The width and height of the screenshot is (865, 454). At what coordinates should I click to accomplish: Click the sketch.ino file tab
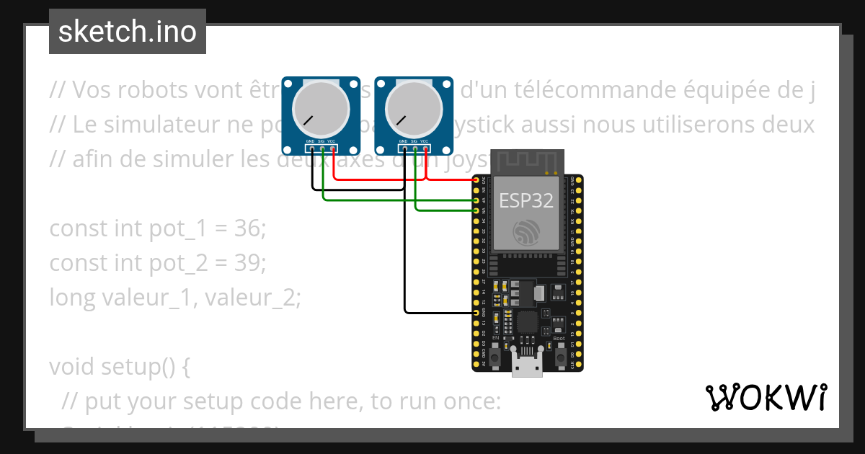pos(128,32)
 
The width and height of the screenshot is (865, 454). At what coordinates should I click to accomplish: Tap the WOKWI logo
pos(765,397)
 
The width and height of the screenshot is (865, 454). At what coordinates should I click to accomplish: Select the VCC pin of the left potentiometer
pos(332,148)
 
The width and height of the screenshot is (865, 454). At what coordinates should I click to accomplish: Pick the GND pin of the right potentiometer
pos(404,148)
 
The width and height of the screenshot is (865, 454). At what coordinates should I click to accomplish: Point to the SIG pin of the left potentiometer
pos(322,148)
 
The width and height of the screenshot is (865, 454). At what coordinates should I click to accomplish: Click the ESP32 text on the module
pos(526,201)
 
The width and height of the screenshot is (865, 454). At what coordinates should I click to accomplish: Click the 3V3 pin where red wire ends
pos(476,179)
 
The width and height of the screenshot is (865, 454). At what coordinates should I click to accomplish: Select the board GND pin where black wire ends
pos(476,313)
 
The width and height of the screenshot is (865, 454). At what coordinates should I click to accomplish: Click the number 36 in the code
pos(248,229)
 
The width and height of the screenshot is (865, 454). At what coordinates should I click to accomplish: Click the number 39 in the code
pos(248,263)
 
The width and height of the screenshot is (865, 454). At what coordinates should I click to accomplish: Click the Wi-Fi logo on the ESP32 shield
pos(526,232)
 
